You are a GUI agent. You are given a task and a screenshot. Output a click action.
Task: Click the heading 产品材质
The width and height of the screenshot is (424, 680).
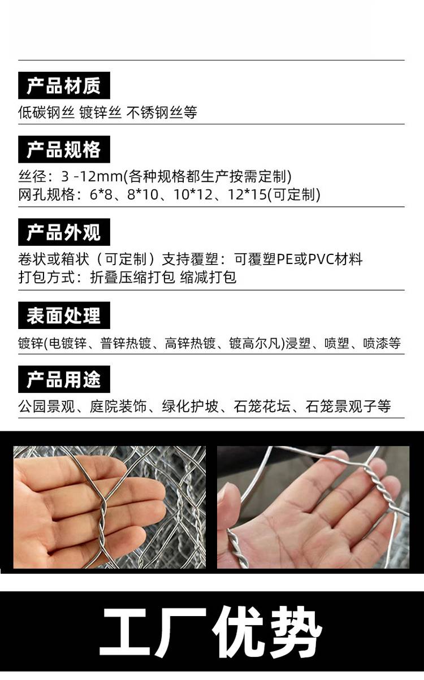click(64, 85)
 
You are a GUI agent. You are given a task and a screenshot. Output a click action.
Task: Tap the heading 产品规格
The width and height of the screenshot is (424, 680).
click(64, 149)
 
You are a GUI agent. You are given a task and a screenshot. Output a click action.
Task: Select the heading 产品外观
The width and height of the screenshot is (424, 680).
click(64, 232)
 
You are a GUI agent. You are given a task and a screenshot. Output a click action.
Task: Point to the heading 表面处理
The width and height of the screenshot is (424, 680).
click(64, 315)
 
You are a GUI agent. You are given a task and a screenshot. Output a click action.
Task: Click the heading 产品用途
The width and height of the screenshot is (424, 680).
click(64, 379)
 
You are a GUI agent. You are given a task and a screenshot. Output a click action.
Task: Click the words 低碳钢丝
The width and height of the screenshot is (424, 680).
click(46, 112)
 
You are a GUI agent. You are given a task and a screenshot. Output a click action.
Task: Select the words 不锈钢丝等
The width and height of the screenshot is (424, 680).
click(162, 112)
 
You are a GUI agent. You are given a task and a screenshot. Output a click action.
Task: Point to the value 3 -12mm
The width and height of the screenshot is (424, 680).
click(92, 176)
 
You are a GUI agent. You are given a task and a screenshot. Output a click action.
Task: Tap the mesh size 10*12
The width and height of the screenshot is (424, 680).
click(193, 194)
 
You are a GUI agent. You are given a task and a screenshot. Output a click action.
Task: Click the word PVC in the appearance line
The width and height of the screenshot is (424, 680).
click(322, 259)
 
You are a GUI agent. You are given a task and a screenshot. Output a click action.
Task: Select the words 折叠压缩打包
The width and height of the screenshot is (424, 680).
click(132, 277)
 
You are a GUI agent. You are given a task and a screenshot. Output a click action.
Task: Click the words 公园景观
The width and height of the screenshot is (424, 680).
click(46, 406)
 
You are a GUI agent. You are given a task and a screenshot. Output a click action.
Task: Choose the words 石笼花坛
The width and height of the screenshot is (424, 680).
click(262, 406)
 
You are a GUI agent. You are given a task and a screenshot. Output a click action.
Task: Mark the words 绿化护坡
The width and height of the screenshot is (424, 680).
click(190, 406)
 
